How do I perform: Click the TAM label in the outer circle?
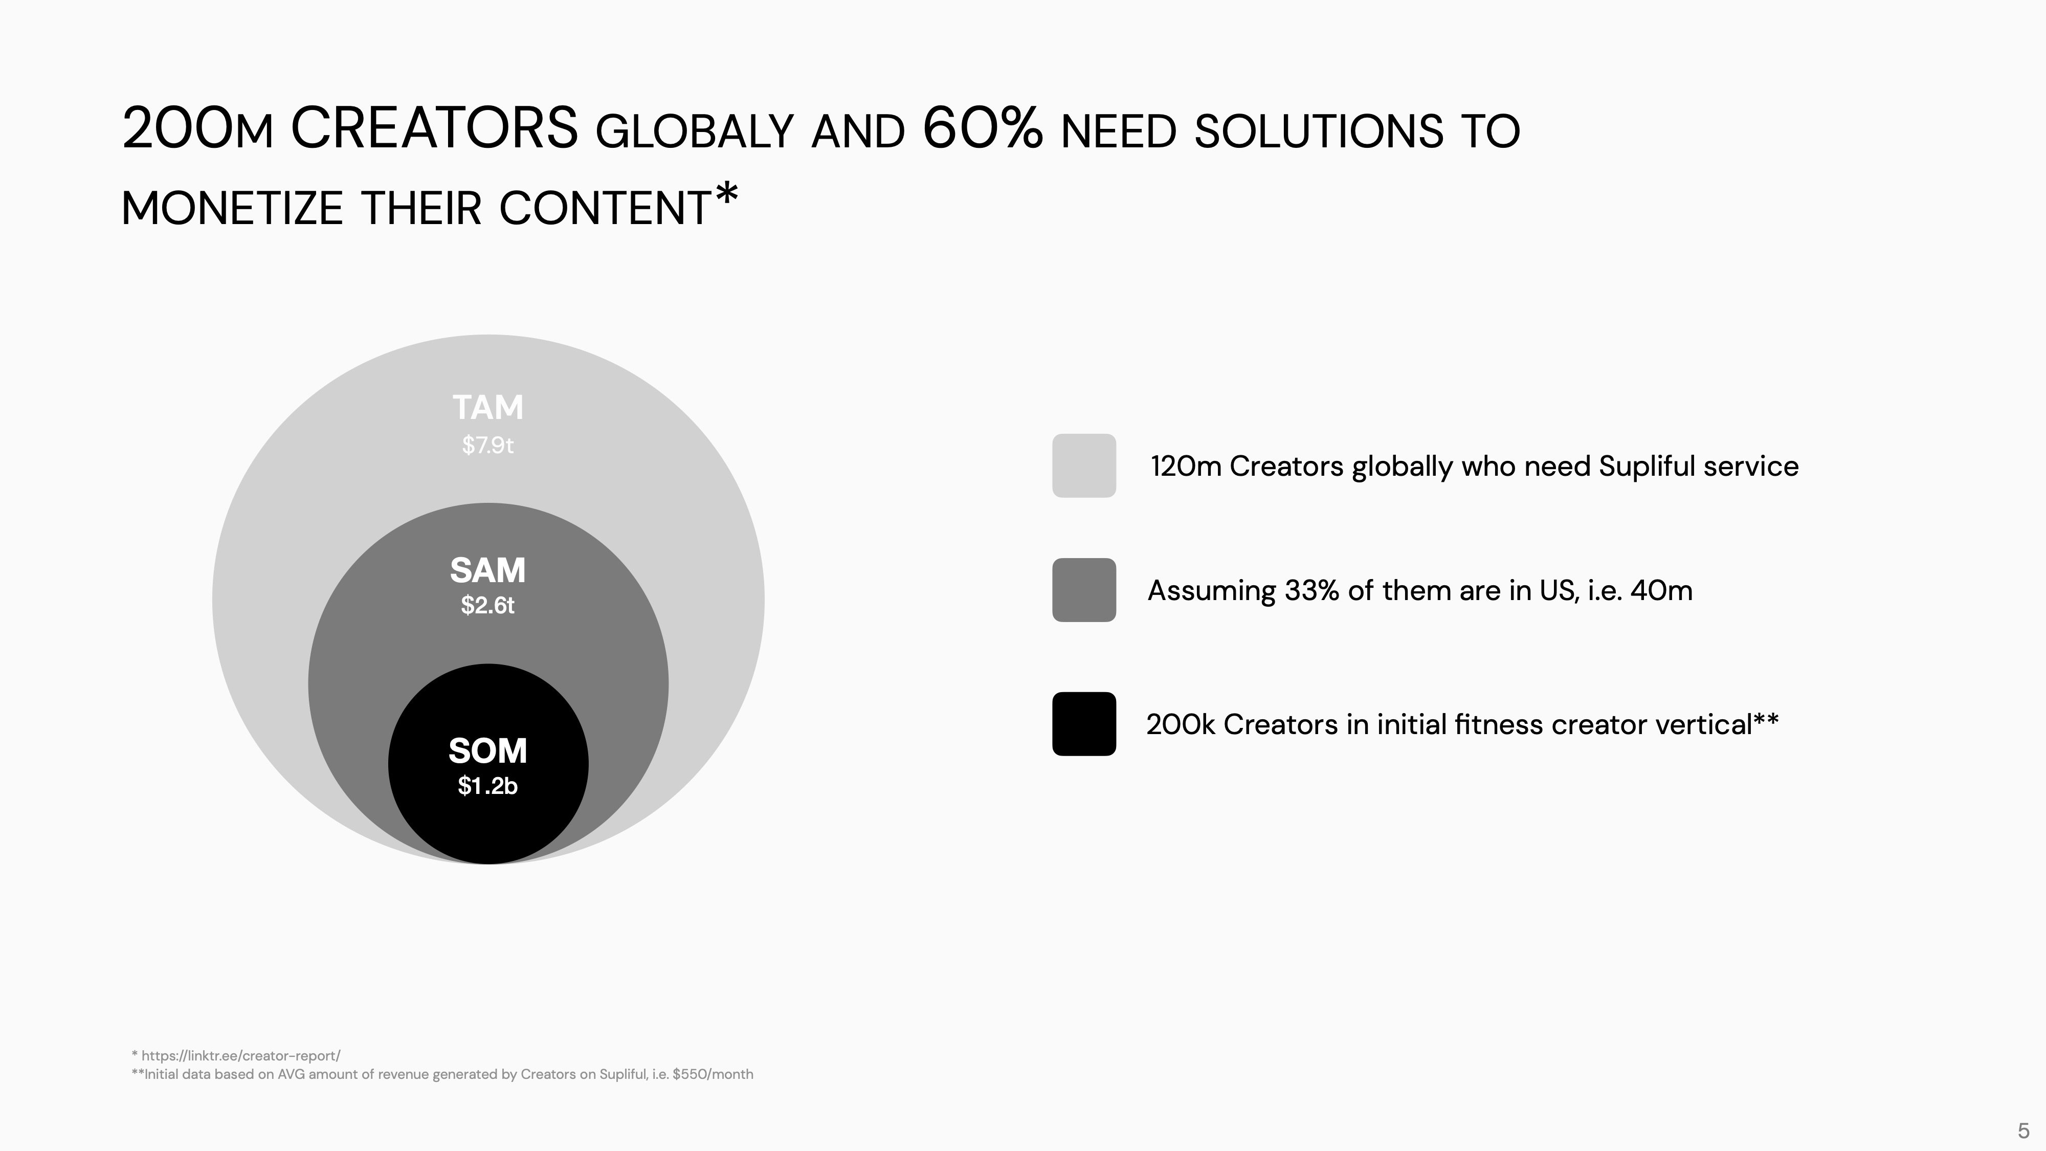coord(487,408)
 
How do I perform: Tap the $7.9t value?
coord(487,445)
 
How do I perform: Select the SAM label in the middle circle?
coord(487,570)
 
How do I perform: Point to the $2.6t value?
coord(487,605)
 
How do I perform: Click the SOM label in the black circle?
coord(487,750)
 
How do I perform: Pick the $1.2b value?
coord(487,786)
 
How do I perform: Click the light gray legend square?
coord(1084,466)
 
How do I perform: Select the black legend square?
coord(1084,724)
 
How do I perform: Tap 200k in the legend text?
coord(1181,724)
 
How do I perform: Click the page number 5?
coord(2023,1131)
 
